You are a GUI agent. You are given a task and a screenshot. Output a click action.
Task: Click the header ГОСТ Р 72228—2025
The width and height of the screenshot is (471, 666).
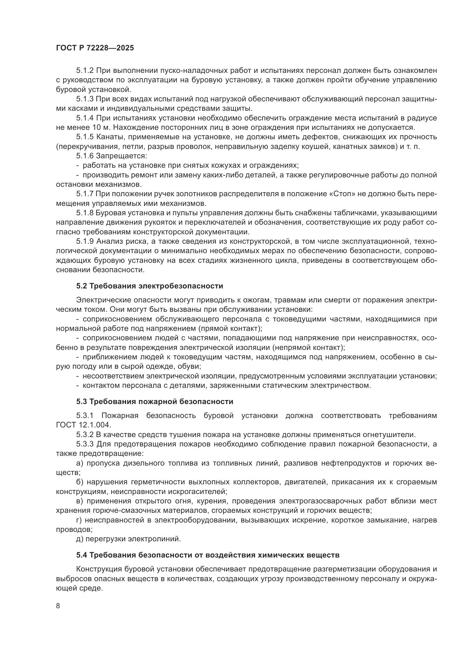click(95, 48)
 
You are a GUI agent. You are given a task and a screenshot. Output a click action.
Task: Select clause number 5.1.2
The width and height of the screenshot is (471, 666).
click(85, 71)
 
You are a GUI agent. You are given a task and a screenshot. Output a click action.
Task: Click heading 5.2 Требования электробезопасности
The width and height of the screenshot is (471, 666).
click(150, 286)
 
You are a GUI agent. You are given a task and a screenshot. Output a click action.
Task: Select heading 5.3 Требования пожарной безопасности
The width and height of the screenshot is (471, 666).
click(155, 401)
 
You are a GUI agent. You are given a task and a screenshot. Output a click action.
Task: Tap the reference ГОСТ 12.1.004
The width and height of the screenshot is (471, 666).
click(83, 425)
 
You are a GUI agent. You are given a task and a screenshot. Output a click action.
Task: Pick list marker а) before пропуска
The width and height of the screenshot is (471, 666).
click(79, 463)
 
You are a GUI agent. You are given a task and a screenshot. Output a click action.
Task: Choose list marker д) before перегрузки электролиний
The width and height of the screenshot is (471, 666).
click(79, 539)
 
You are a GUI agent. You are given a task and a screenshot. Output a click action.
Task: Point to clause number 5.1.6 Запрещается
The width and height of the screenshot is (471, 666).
click(85, 156)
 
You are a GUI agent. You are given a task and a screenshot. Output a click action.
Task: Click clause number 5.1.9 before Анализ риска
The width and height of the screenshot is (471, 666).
click(85, 241)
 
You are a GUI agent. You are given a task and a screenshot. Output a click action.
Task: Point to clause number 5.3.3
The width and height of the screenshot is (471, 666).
click(85, 444)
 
